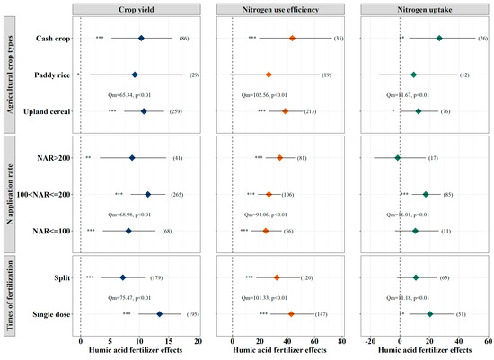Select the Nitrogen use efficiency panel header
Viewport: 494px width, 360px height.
(287, 8)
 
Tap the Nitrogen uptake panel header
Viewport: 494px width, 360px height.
(425, 8)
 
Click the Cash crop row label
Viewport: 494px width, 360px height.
(50, 39)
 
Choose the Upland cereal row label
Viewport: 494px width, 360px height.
(45, 111)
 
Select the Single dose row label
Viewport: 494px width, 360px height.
(48, 314)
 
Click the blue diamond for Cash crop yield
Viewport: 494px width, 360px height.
(141, 39)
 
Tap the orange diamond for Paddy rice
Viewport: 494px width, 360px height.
(269, 75)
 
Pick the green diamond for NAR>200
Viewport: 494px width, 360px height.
(398, 158)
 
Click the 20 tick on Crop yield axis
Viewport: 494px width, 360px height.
(197, 342)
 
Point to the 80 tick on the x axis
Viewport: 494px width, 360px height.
(340, 342)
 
